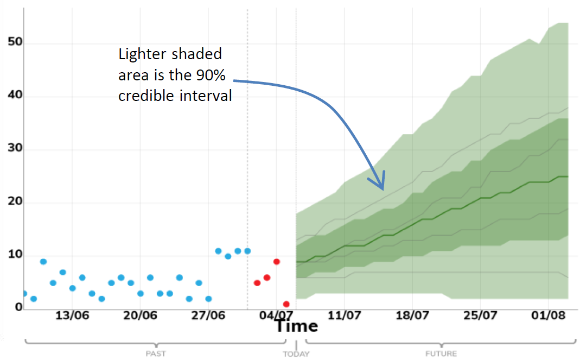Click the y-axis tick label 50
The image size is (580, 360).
pyautogui.click(x=14, y=43)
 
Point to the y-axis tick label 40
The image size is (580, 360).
pyautogui.click(x=14, y=97)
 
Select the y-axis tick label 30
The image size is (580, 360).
pyautogui.click(x=14, y=149)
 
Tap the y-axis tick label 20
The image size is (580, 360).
pyautogui.click(x=14, y=203)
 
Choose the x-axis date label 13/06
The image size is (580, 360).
pyautogui.click(x=72, y=315)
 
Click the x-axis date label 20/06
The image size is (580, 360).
pyautogui.click(x=140, y=315)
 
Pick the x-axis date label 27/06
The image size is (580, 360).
pyautogui.click(x=208, y=315)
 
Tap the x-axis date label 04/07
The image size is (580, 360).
pyautogui.click(x=276, y=315)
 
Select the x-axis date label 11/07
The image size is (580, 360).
pyautogui.click(x=345, y=315)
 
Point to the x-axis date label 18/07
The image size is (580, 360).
pyautogui.click(x=412, y=315)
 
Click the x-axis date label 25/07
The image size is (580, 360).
pyautogui.click(x=480, y=315)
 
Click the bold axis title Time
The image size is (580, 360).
pyautogui.click(x=296, y=326)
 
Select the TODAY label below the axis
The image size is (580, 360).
pyautogui.click(x=296, y=354)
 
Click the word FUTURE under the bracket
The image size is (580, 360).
pyautogui.click(x=441, y=354)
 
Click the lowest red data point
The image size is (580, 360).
pyautogui.click(x=286, y=304)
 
